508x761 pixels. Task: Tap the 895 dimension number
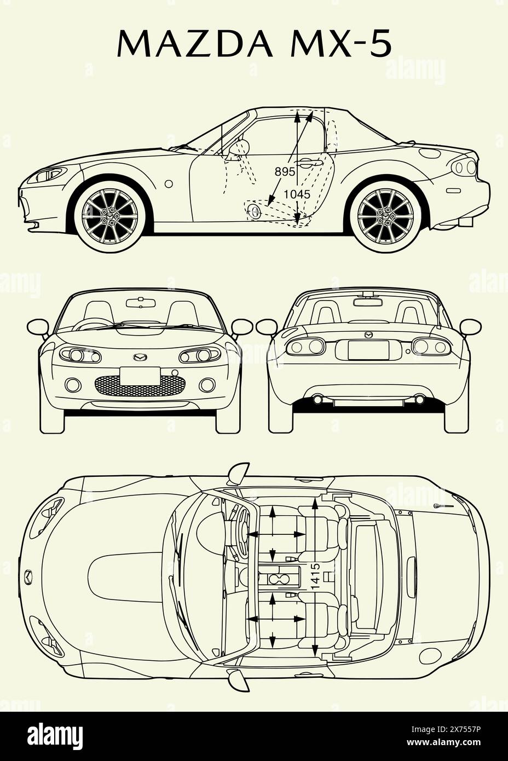[x=285, y=171]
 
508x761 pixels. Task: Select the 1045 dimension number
[x=297, y=194]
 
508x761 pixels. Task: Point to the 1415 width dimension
[x=315, y=576]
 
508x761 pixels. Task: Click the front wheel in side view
[x=111, y=216]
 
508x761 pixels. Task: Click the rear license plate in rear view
[x=368, y=349]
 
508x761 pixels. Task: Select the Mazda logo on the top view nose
[x=28, y=576]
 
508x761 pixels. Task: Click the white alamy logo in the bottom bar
[x=52, y=735]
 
